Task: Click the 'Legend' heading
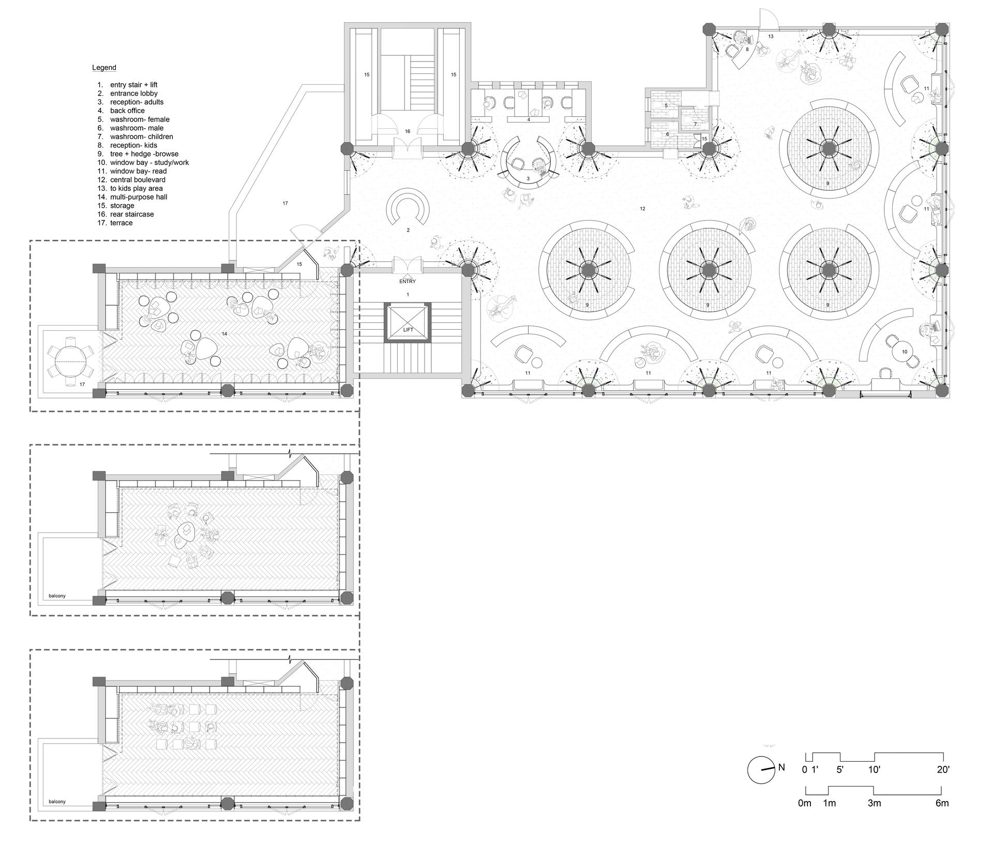104,68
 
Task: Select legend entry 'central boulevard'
138,180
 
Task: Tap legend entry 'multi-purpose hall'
139,197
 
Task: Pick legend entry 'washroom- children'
141,136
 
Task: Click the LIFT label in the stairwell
408,330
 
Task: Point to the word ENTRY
408,282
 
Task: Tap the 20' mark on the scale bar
943,769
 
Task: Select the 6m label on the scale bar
942,804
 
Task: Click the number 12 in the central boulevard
642,209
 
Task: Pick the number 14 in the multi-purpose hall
224,334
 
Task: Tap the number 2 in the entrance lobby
408,230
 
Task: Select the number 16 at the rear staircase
408,131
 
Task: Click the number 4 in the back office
529,119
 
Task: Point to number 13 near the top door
771,36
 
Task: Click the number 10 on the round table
905,352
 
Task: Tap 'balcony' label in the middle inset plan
57,596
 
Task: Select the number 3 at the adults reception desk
528,179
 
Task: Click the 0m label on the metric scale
805,804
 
